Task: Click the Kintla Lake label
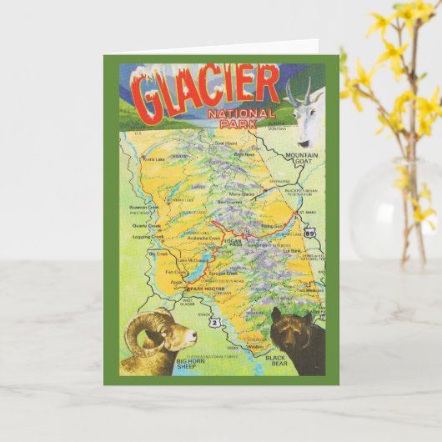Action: pyautogui.click(x=154, y=158)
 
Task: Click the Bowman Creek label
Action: pyautogui.click(x=143, y=207)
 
